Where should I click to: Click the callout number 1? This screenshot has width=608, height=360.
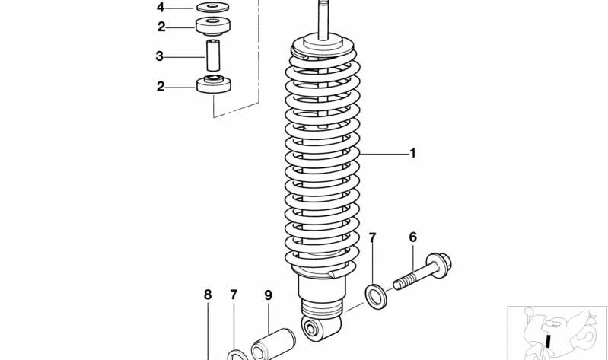[412, 154]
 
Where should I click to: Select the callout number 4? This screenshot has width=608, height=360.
[161, 8]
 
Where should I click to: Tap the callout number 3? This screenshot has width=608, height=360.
[160, 56]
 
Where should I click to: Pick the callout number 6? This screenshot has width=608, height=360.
[413, 237]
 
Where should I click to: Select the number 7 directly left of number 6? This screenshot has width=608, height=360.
[372, 238]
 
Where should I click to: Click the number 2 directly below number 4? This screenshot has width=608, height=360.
[161, 27]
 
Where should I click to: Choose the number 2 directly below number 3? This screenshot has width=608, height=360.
[161, 86]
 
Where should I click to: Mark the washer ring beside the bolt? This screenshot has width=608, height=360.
[375, 295]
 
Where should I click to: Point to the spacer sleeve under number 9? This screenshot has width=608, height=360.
[272, 342]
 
